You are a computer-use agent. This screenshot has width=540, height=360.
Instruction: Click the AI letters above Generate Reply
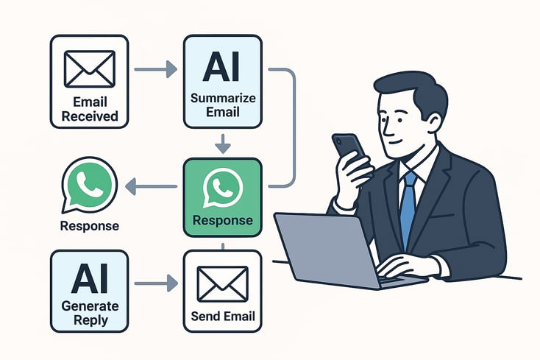(89, 280)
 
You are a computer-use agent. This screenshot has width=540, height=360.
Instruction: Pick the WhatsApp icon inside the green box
(221, 188)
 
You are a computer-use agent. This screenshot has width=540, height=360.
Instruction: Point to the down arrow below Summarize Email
(221, 142)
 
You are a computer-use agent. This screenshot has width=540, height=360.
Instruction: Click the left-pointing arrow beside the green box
(150, 188)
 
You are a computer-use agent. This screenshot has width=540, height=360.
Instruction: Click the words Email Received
(89, 110)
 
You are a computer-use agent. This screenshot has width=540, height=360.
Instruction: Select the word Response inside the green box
(221, 220)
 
